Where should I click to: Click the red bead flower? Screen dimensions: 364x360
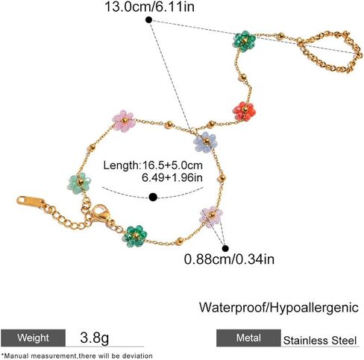click(244, 111)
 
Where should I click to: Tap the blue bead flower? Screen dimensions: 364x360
click(205, 142)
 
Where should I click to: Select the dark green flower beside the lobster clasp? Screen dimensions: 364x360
click(134, 236)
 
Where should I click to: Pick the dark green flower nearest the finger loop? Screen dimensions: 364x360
click(244, 41)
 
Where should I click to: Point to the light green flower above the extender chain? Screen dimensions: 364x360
click(79, 183)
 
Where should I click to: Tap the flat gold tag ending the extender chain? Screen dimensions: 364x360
click(31, 202)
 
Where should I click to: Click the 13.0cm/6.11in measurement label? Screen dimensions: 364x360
click(149, 7)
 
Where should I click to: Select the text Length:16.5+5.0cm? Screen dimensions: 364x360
click(153, 165)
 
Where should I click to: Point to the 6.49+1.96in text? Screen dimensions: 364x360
click(172, 177)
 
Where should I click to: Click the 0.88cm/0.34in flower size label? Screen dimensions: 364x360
click(229, 259)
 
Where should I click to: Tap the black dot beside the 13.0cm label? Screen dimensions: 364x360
click(148, 20)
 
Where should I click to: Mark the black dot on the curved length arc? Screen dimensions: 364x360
click(153, 198)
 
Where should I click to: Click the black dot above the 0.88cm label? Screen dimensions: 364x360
click(225, 248)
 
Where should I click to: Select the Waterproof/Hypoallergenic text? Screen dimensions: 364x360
click(279, 308)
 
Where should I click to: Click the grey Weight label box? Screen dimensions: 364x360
click(33, 338)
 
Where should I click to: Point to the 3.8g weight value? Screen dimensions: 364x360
click(95, 338)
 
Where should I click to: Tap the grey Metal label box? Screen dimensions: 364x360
click(248, 338)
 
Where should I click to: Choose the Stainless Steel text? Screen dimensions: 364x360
click(320, 341)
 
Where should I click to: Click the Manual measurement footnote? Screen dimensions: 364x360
click(77, 356)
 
